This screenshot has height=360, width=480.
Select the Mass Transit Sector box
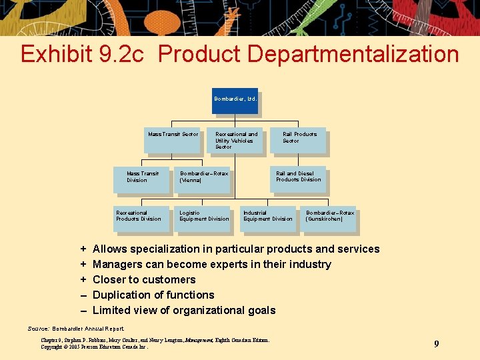(x=173, y=139)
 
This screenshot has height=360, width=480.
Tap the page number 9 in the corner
(x=436, y=343)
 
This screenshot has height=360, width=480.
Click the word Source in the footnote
(x=38, y=329)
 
